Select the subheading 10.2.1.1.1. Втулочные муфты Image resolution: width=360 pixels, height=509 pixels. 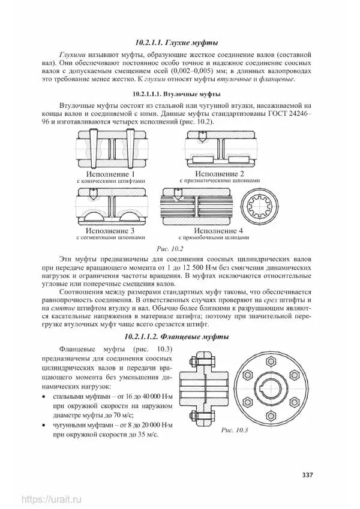pos(176,94)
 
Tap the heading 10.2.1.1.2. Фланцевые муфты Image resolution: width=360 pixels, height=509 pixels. pos(176,337)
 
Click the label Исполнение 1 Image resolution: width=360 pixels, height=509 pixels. pos(111,173)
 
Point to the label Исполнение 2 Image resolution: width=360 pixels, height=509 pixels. pos(221,173)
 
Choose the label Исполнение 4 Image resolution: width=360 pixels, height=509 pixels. pos(221,230)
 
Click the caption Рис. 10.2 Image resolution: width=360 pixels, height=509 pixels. pos(169,248)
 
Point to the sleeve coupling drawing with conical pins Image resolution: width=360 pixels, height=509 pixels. pos(111,150)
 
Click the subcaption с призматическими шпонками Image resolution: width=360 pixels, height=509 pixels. pos(221,180)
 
